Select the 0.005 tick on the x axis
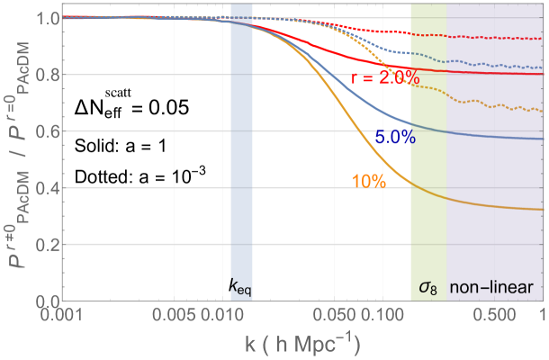(x=172, y=315)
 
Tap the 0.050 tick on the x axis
(x=333, y=315)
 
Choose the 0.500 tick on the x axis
(x=493, y=315)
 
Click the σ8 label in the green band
(x=427, y=289)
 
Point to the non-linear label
(x=498, y=289)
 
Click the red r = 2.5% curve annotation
(x=385, y=78)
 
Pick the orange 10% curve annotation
(x=369, y=181)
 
